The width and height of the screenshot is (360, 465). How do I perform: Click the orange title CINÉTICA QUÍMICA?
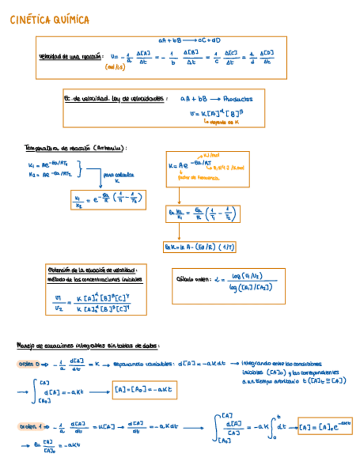pyautogui.click(x=50, y=21)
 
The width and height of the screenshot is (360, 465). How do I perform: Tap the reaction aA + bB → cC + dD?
pyautogui.click(x=189, y=41)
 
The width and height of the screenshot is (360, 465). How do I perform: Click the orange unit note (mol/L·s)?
pyautogui.click(x=114, y=67)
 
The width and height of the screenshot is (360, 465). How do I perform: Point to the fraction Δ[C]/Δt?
pyautogui.click(x=229, y=58)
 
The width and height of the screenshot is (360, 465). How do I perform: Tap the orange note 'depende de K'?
pyautogui.click(x=221, y=123)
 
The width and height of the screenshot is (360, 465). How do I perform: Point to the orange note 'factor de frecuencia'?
pyautogui.click(x=194, y=178)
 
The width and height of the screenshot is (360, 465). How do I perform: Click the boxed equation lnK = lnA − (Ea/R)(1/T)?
pyautogui.click(x=199, y=247)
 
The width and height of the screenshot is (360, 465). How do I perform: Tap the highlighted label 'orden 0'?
pyautogui.click(x=26, y=364)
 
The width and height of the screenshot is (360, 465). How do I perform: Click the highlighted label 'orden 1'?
pyautogui.click(x=26, y=426)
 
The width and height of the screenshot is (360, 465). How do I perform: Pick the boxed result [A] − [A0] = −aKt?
pyautogui.click(x=145, y=390)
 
